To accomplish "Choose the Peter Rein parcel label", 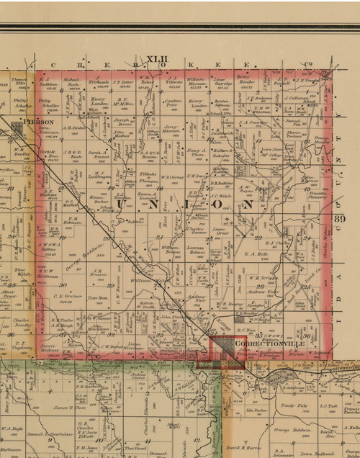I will tap(98, 297).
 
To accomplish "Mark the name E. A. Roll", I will tap(256, 253).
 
